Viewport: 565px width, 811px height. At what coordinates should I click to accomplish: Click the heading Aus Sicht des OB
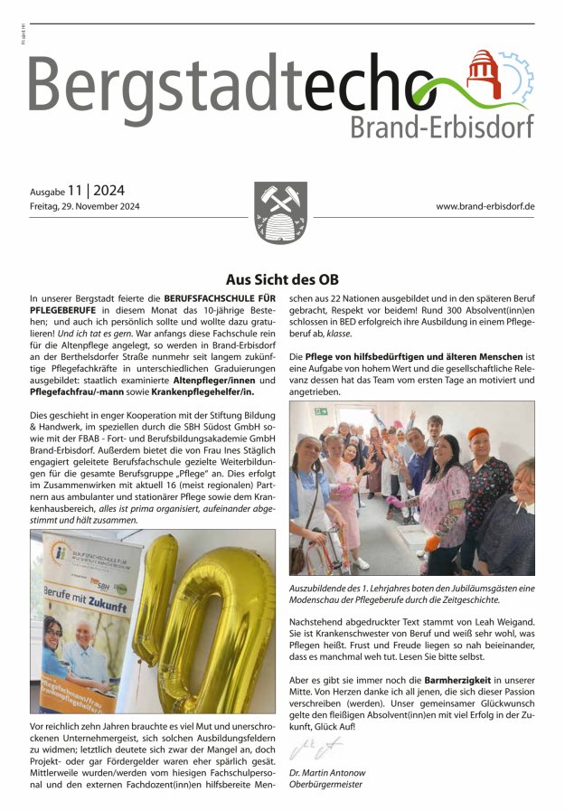(282, 279)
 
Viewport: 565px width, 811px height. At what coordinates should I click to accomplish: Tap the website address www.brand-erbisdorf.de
(485, 207)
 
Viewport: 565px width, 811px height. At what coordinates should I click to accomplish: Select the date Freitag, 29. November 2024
(85, 207)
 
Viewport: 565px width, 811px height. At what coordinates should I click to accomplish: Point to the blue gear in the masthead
(515, 77)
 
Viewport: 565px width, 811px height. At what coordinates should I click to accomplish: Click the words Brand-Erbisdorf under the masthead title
(441, 127)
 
